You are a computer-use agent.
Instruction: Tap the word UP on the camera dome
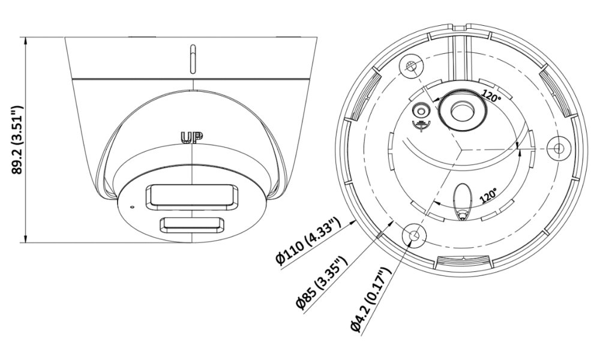tap(191, 138)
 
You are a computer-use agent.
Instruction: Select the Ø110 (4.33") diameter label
tap(308, 241)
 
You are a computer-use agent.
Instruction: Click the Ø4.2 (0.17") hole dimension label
tap(370, 299)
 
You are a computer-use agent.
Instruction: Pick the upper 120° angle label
tap(491, 95)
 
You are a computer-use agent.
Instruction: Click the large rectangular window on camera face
tap(191, 197)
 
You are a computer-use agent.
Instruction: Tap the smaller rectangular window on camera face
tap(192, 225)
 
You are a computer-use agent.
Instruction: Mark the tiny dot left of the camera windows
tap(132, 208)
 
